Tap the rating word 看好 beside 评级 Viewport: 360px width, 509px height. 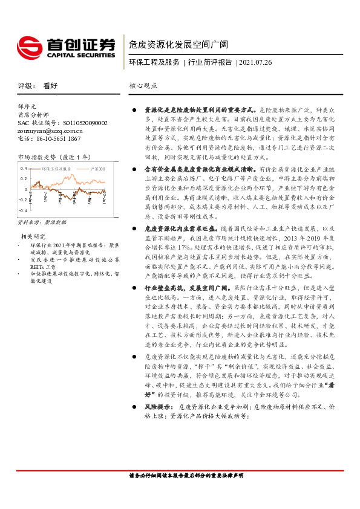(x=50, y=86)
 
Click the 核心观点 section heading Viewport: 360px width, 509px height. (x=143, y=86)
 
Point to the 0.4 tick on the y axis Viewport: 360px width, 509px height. (x=23, y=168)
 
